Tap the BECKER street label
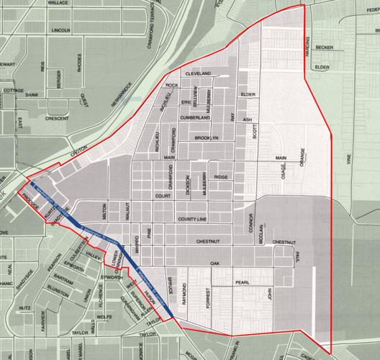[325, 48]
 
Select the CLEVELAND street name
[197, 74]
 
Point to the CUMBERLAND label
[194, 116]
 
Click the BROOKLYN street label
[205, 137]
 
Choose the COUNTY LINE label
[192, 218]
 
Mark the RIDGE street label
[220, 176]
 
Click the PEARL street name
[242, 282]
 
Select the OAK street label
[214, 264]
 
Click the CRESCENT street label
[56, 118]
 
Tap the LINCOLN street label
[60, 31]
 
